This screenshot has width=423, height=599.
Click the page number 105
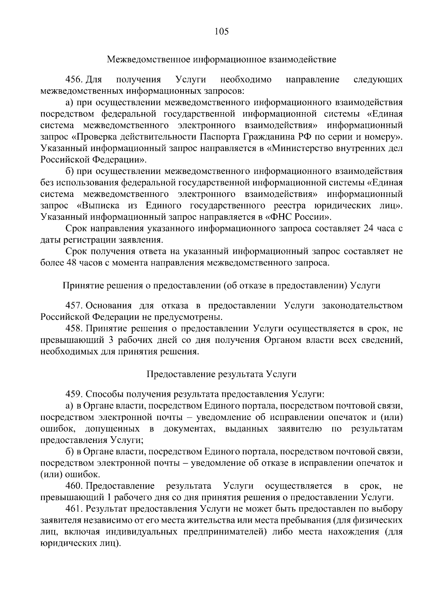(222, 32)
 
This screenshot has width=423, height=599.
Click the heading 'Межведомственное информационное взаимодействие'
(222, 59)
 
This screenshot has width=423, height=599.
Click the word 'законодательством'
(362, 305)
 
